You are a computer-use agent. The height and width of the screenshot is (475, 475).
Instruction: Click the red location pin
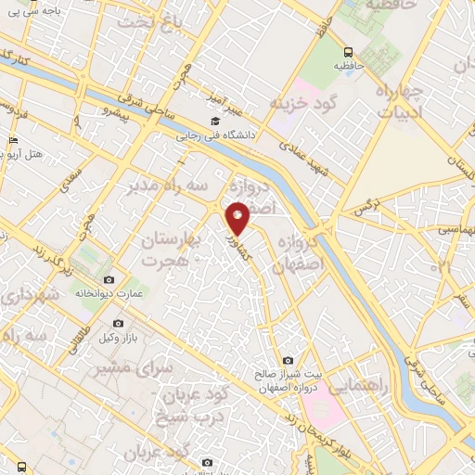click(237, 217)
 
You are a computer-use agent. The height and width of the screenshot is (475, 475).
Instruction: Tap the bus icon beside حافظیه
click(348, 53)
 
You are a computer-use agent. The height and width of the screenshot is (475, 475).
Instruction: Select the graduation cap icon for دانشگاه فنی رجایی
click(216, 121)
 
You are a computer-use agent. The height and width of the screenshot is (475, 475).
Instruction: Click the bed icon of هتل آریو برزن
click(12, 140)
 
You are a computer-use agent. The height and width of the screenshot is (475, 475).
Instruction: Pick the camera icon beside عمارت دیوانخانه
click(109, 279)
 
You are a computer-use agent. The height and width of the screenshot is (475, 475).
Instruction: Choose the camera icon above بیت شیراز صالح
click(288, 360)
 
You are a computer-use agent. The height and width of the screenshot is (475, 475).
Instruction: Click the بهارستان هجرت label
click(170, 250)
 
